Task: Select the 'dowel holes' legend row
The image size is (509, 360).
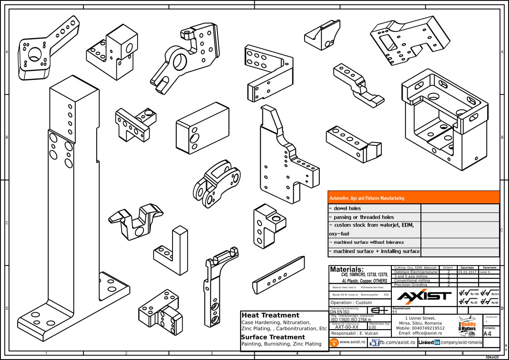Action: [x=345, y=208]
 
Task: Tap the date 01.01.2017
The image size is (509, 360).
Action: [x=467, y=272]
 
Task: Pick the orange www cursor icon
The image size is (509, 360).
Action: [x=334, y=342]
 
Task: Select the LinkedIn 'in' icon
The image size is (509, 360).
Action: [x=437, y=342]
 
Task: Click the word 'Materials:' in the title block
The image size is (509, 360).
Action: [x=347, y=269]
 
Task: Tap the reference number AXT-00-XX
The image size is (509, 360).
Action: [x=347, y=326]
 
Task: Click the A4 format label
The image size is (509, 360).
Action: [x=488, y=334]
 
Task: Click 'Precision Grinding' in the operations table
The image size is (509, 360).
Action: [x=410, y=285]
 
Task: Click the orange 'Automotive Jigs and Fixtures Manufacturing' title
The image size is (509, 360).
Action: [x=366, y=198]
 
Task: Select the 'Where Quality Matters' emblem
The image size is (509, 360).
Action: [x=468, y=324]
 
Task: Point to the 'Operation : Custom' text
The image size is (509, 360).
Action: [x=351, y=302]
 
